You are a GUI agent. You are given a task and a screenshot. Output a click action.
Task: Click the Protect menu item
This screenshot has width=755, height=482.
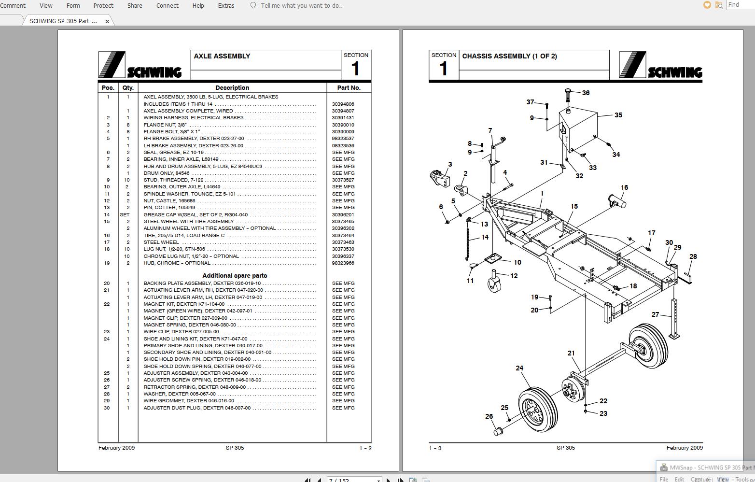[x=103, y=6]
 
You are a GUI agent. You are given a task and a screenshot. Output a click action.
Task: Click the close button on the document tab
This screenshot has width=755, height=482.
[x=107, y=21]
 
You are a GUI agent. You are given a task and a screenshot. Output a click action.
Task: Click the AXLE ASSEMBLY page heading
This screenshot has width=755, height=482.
[x=222, y=56]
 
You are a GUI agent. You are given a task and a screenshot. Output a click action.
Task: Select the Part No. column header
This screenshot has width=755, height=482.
[x=349, y=88]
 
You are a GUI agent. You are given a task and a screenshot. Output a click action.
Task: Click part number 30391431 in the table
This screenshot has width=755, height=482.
[x=343, y=118]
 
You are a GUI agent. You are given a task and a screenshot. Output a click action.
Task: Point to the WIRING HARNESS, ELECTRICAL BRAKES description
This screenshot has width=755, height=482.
[x=194, y=118]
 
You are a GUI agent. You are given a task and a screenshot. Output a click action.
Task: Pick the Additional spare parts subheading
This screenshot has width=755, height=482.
[x=235, y=276]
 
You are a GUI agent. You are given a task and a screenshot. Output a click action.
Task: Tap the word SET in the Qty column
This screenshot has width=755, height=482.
[x=125, y=215]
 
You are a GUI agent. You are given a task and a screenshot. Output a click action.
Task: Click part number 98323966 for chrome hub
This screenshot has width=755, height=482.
[x=343, y=263]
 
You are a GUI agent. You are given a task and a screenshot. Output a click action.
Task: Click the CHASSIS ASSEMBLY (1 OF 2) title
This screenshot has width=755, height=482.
[x=509, y=56]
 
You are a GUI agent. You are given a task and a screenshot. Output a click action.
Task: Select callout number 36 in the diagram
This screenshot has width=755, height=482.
[x=586, y=93]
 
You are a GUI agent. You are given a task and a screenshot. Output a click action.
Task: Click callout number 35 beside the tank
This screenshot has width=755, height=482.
[x=618, y=115]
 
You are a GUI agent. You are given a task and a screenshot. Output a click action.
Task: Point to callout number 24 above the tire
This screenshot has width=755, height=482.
[x=519, y=368]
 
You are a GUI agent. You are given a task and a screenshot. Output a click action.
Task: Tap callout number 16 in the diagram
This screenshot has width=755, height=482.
[x=624, y=187]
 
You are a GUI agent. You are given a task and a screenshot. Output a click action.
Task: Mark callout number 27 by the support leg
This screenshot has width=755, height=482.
[x=655, y=314]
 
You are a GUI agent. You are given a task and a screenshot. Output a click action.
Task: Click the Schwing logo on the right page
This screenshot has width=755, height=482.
[x=660, y=65]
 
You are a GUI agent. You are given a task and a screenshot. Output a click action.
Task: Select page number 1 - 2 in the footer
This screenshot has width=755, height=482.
[x=365, y=448]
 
